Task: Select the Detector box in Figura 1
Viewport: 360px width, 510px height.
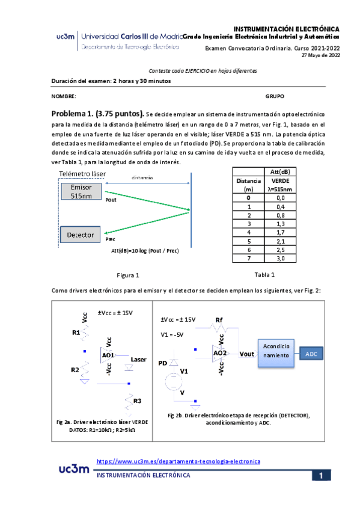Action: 81,235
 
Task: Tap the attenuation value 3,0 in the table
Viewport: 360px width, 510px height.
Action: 281,259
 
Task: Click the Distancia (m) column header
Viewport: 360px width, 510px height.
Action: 248,184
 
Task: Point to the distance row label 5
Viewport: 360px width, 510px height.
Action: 248,241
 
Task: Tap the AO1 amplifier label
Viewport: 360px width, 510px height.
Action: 108,355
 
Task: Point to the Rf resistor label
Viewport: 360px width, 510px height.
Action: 219,319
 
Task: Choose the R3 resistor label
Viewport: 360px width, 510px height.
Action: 137,401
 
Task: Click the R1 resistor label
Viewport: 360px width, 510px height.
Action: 76,332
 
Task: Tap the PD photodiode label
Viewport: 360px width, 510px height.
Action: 162,363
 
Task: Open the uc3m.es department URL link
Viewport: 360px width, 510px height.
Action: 178,461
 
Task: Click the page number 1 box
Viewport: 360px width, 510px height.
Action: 321,476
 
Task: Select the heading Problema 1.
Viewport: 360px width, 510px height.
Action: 97,113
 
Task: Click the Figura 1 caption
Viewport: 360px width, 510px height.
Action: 127,275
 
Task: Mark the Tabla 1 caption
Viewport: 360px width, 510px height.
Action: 264,275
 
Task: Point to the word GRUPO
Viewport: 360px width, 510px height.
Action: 275,96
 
